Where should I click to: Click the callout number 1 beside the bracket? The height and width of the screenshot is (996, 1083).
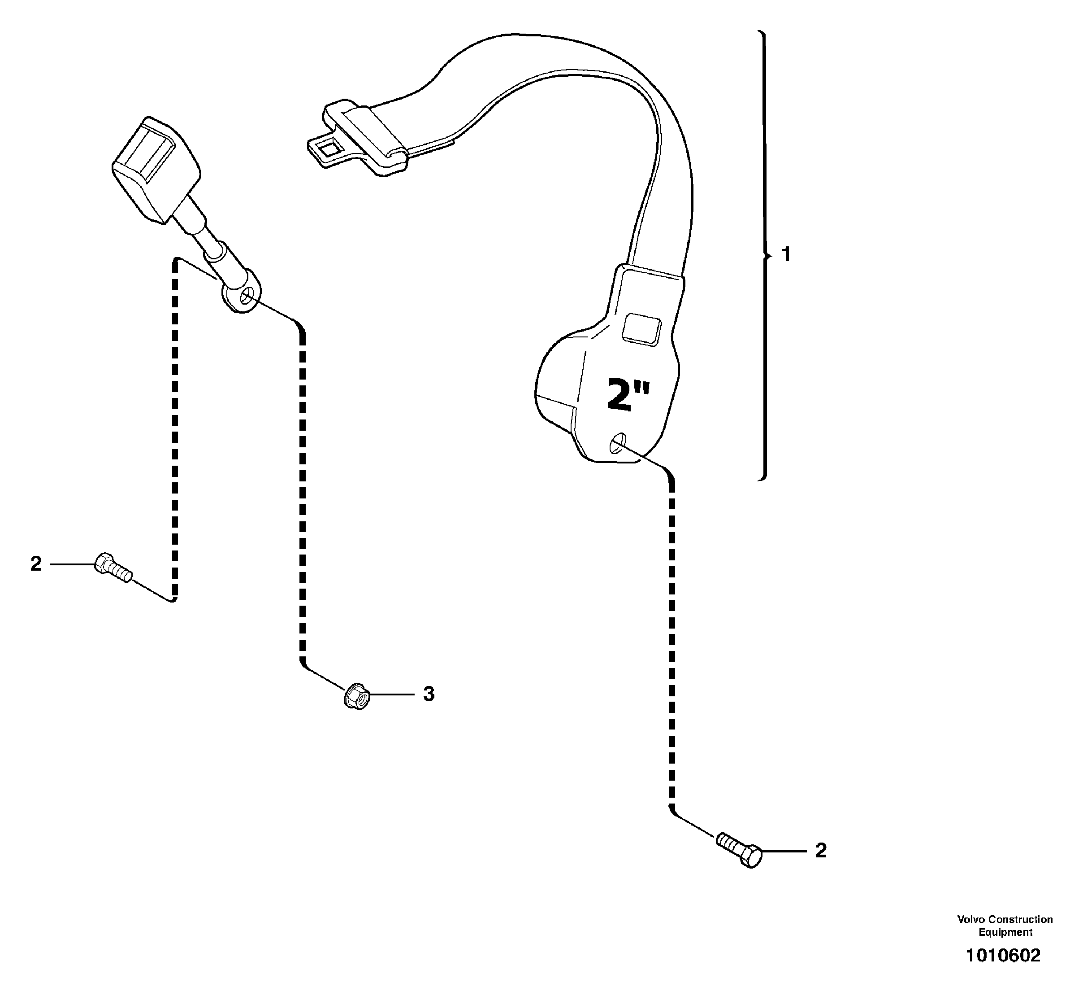tap(786, 254)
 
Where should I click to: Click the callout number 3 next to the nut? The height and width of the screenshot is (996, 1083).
tap(429, 694)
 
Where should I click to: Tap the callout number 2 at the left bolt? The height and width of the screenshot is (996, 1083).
tap(35, 564)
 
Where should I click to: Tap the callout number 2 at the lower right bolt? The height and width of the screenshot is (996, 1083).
tap(820, 851)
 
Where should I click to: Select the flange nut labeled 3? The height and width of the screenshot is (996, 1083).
tap(356, 696)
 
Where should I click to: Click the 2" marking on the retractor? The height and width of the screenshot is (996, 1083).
tap(628, 395)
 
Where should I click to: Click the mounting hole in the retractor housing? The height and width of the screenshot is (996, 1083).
tap(617, 443)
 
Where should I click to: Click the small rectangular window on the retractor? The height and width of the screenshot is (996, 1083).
tap(641, 329)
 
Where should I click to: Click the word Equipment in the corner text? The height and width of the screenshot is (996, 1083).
tap(1005, 932)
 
